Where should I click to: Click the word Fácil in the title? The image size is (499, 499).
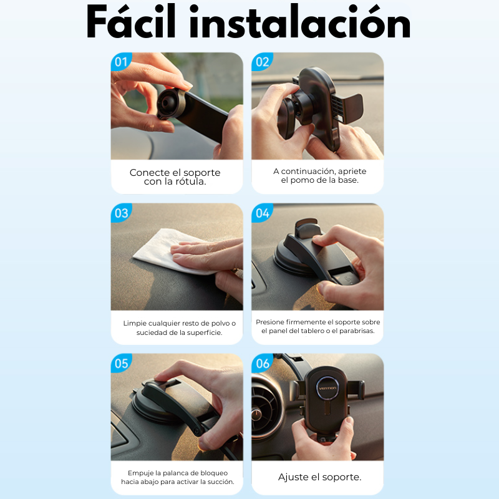click(x=131, y=21)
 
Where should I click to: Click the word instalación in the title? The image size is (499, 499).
click(x=300, y=21)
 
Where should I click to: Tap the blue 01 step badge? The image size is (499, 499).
click(x=121, y=62)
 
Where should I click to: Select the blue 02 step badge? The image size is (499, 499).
click(x=262, y=62)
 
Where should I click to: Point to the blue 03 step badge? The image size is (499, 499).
click(x=121, y=213)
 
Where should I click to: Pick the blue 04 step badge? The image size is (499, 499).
click(x=262, y=213)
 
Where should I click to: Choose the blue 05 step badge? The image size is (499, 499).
click(x=121, y=364)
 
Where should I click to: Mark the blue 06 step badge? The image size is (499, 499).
click(x=262, y=364)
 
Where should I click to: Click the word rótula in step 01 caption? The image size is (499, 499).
click(x=190, y=182)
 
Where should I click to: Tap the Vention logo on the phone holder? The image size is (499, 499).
click(x=327, y=388)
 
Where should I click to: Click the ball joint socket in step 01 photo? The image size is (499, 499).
click(x=168, y=103)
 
